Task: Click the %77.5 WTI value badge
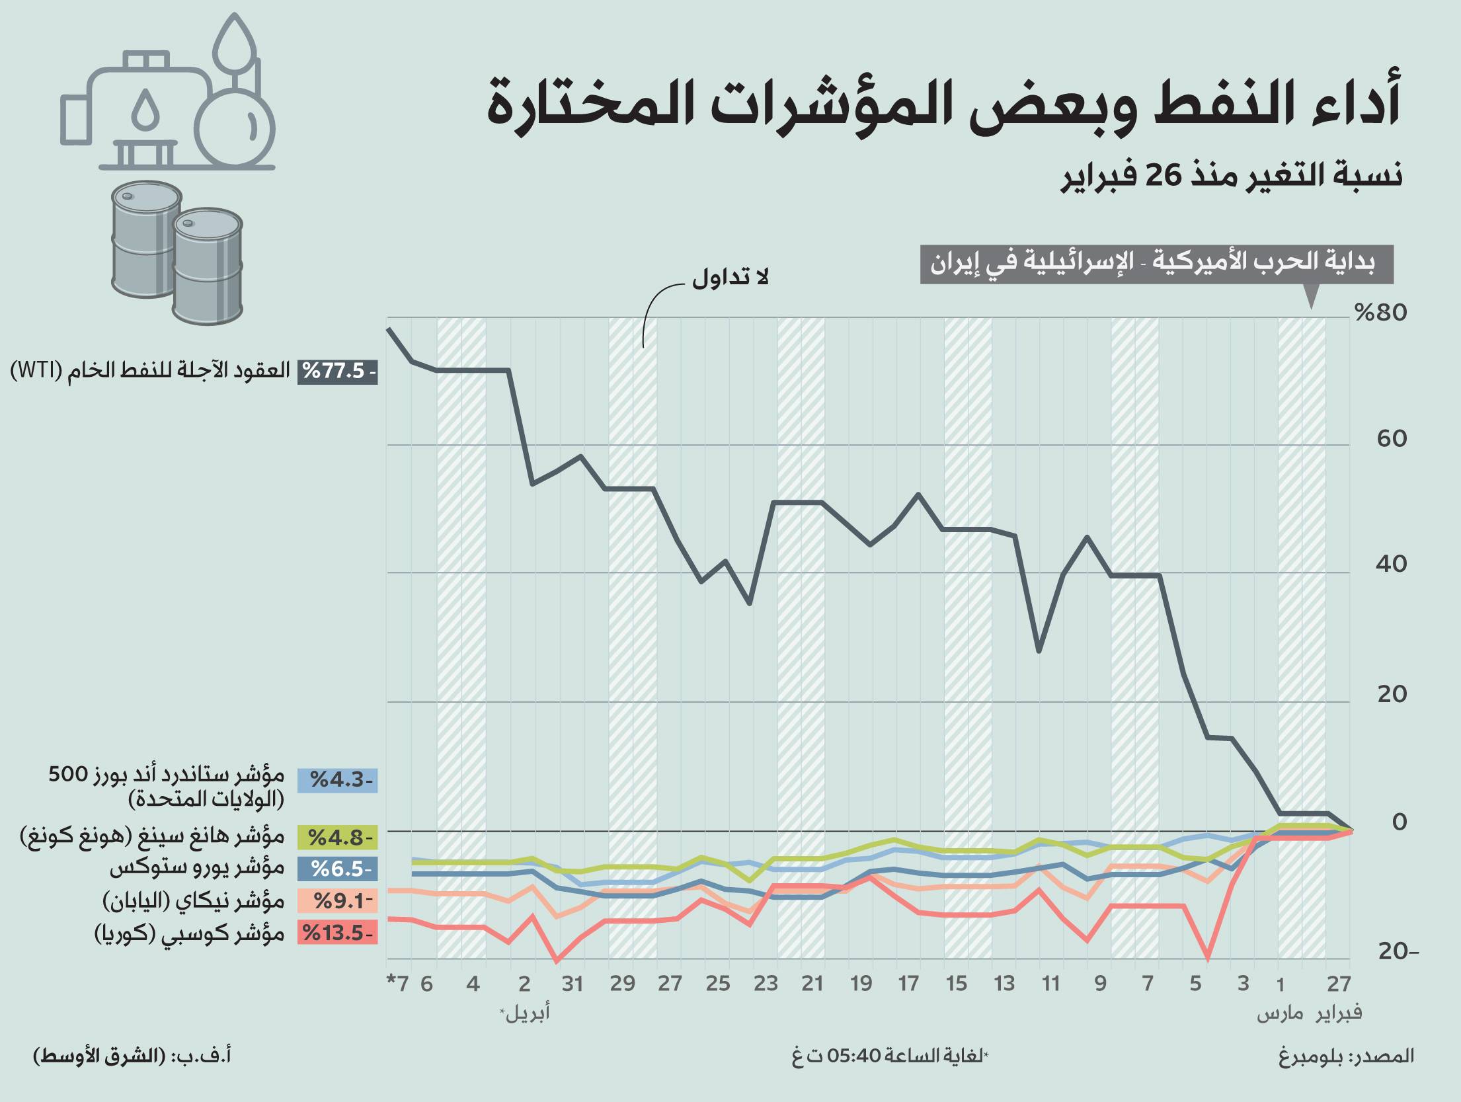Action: pos(338,372)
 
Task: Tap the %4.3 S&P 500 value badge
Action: pos(338,780)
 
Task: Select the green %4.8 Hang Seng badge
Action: pos(338,838)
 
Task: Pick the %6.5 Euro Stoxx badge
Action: pos(338,868)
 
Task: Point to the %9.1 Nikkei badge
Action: pos(338,900)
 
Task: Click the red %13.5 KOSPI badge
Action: pos(338,933)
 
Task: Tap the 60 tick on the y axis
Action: pos(1392,438)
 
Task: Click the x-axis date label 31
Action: pos(573,984)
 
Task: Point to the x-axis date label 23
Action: pos(766,984)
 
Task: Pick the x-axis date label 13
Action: pos(1004,984)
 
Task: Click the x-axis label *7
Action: pos(398,984)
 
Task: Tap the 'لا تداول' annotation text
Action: pos(730,278)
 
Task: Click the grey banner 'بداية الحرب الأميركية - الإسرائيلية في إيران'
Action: pos(1156,264)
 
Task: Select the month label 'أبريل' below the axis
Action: pos(526,1013)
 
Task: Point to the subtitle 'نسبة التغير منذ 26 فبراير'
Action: pos(1232,177)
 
